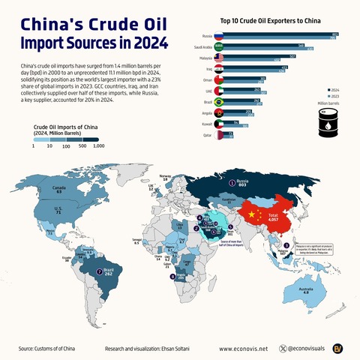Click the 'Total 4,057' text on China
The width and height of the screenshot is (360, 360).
click(273, 217)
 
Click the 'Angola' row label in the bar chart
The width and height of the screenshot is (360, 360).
click(206, 110)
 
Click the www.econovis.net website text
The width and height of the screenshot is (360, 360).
click(243, 349)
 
